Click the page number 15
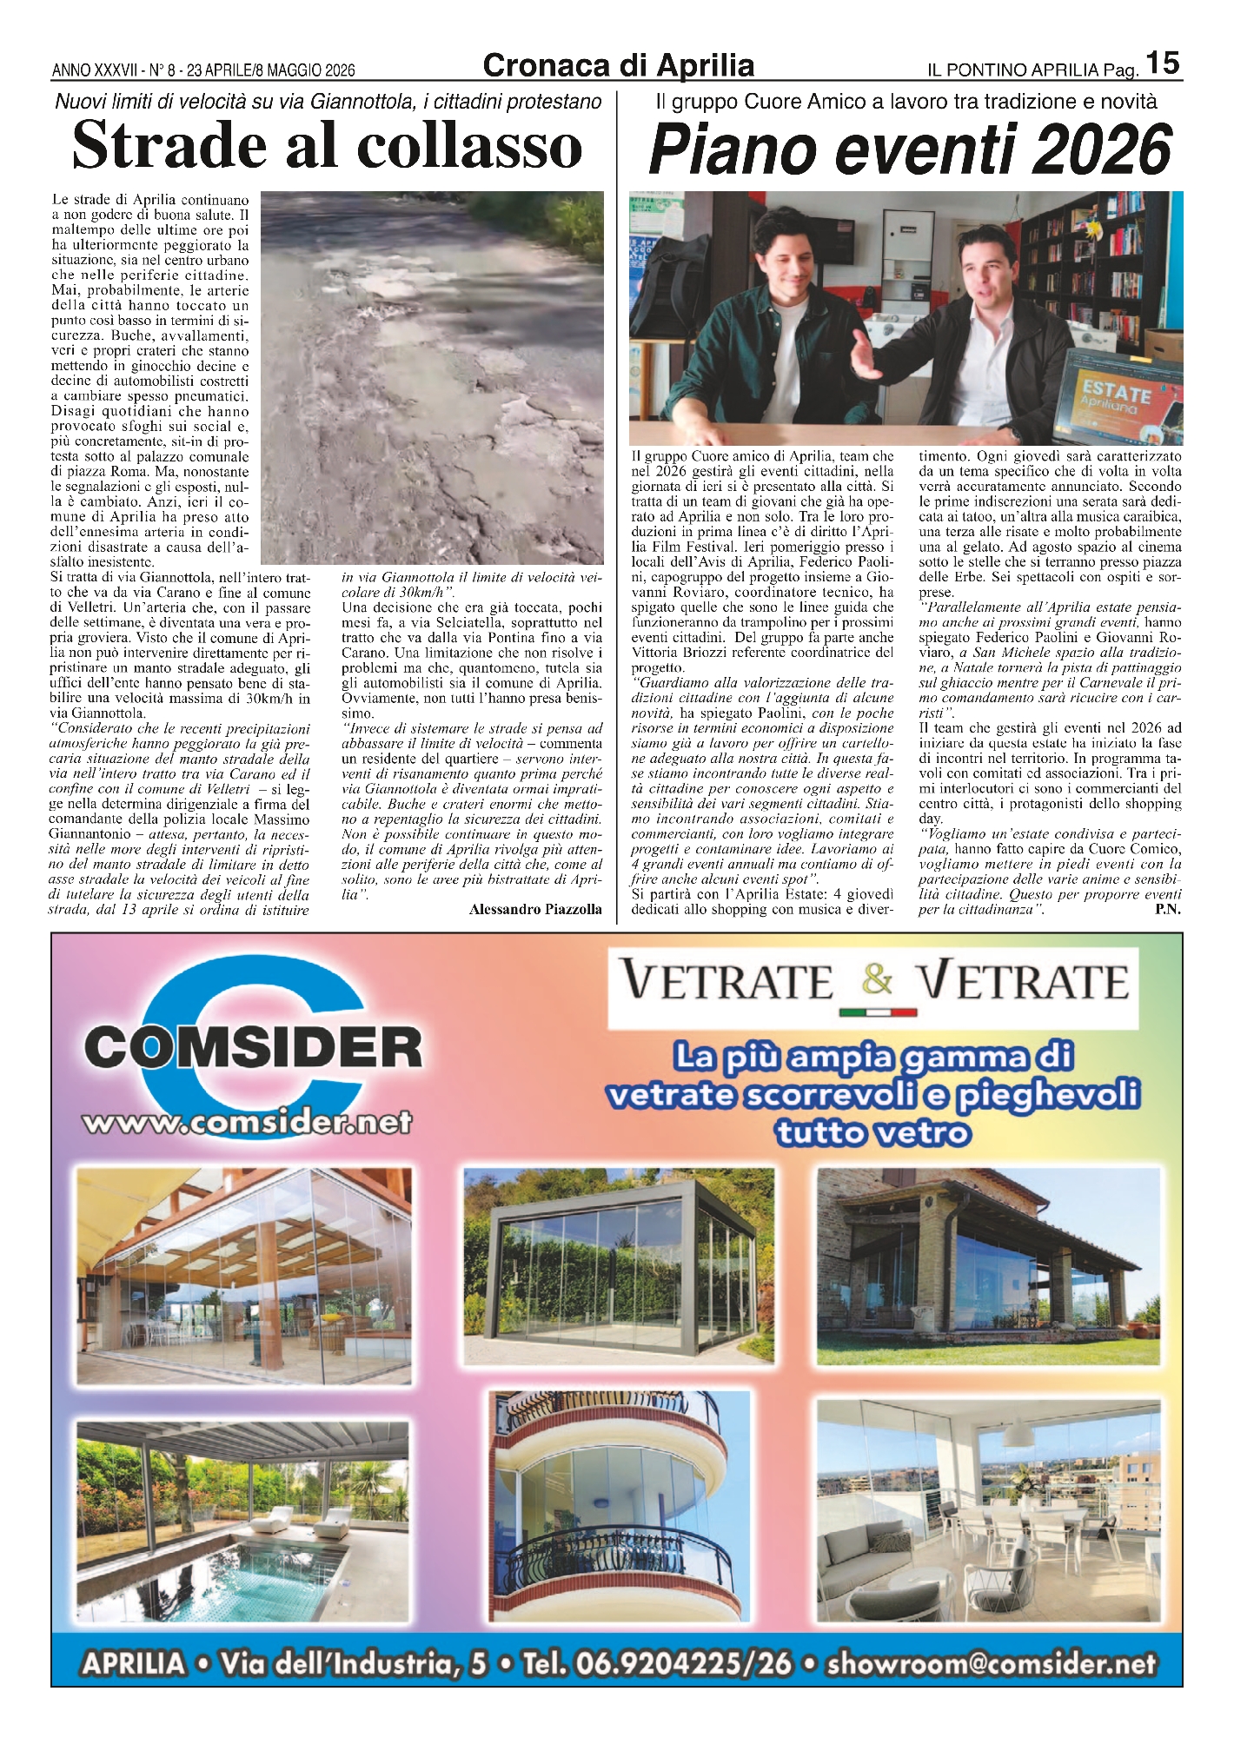[x=1163, y=63]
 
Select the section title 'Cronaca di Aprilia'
[x=618, y=66]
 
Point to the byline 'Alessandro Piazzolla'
[x=535, y=909]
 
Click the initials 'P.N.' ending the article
[x=1167, y=909]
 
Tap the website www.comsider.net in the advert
[x=247, y=1122]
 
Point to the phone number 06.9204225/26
[x=658, y=1663]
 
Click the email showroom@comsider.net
[x=992, y=1663]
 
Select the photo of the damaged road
[x=432, y=378]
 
